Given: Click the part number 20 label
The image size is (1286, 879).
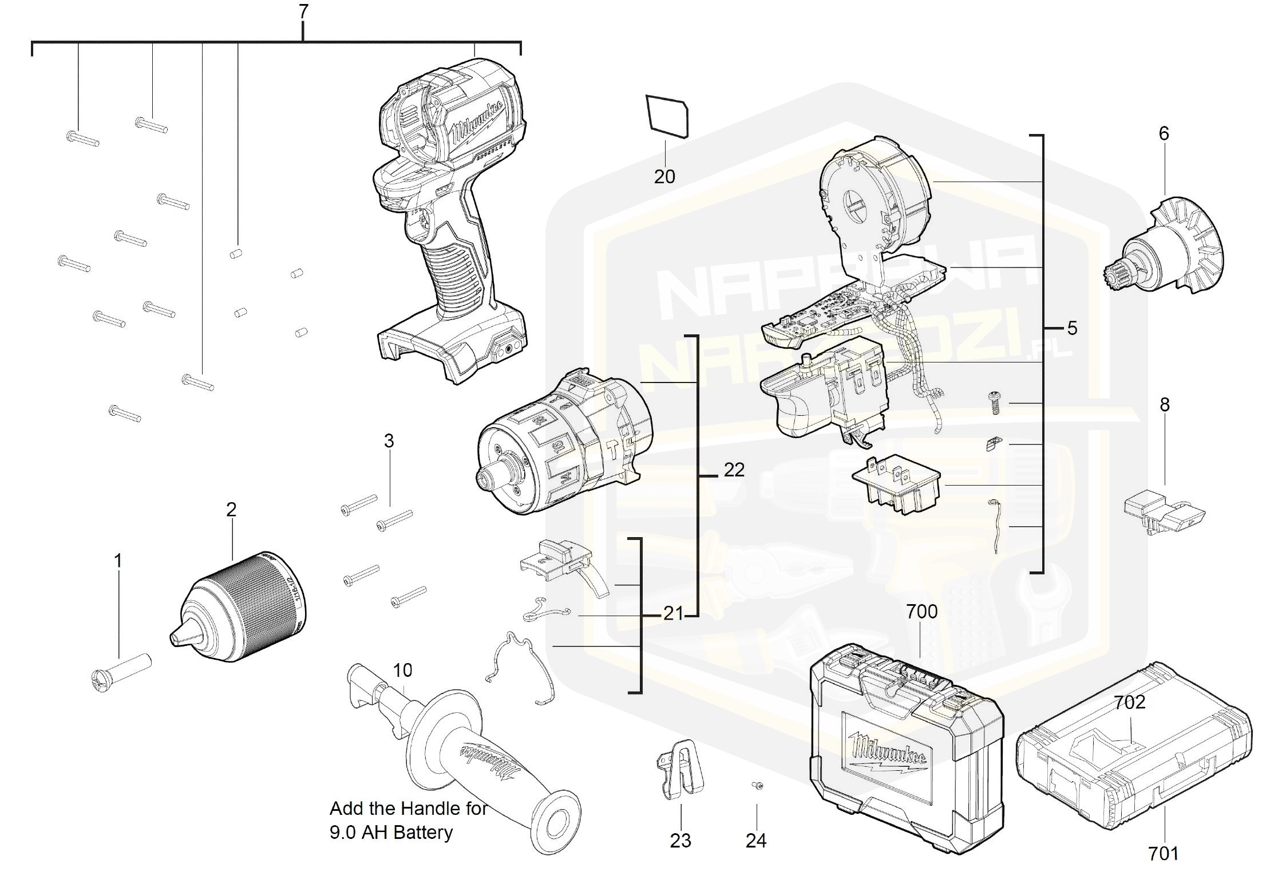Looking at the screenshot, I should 664,176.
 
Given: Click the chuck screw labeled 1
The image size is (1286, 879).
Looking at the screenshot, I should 120,672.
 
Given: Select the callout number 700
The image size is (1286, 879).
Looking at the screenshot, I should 921,612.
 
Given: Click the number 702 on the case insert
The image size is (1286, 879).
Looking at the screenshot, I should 1129,702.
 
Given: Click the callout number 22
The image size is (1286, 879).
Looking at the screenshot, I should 734,470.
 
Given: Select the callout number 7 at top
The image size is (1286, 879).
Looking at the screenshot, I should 303,11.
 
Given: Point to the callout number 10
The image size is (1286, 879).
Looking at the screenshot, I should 402,670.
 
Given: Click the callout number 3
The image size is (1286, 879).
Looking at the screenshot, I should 389,441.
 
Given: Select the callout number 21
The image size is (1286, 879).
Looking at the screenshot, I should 673,614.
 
